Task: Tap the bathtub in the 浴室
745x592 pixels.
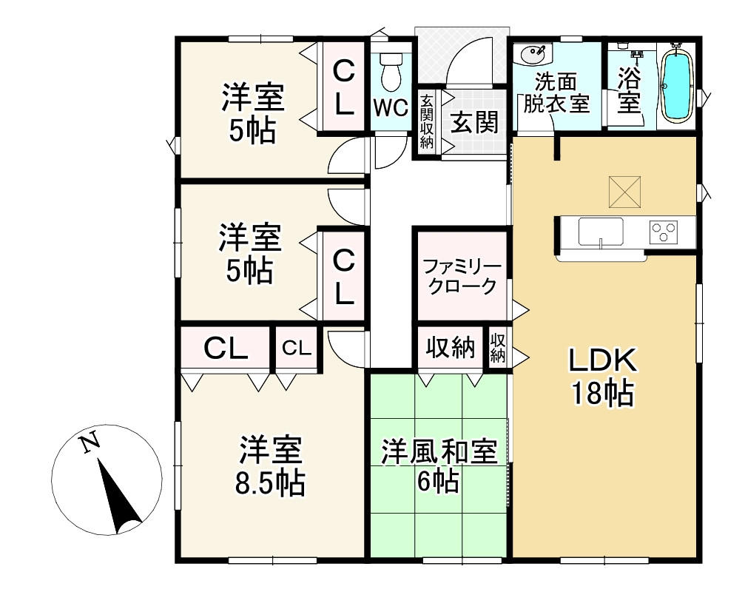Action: pyautogui.click(x=676, y=84)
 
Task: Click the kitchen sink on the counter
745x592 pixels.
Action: pyautogui.click(x=600, y=232)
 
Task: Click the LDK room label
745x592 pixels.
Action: pyautogui.click(x=603, y=362)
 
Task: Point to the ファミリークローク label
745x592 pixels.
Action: pyautogui.click(x=462, y=277)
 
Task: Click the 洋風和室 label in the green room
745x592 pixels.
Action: pyautogui.click(x=438, y=453)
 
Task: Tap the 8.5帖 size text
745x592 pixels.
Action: pyautogui.click(x=270, y=484)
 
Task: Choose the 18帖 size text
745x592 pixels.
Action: pyautogui.click(x=603, y=394)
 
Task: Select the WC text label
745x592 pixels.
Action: pyautogui.click(x=390, y=107)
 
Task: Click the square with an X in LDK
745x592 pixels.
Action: pyautogui.click(x=626, y=192)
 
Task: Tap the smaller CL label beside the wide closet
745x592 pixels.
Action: pyautogui.click(x=297, y=348)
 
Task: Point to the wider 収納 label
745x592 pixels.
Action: pyautogui.click(x=449, y=347)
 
